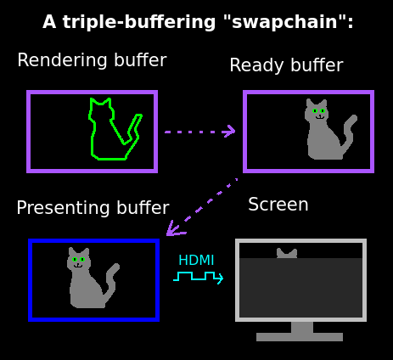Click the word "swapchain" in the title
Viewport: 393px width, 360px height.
(284, 22)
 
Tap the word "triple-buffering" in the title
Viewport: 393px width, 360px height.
(139, 22)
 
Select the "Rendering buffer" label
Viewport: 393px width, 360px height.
(92, 60)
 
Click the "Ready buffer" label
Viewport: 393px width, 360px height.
(286, 65)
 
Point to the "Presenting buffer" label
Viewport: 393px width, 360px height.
(93, 208)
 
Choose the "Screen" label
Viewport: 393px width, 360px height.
(278, 205)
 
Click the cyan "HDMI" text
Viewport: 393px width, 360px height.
(196, 260)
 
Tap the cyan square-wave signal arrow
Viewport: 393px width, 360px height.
(199, 277)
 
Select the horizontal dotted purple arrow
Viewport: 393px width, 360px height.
(199, 132)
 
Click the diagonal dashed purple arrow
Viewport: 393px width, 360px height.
(202, 207)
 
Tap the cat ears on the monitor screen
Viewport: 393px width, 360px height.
(287, 253)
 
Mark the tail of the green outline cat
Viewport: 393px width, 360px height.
(133, 130)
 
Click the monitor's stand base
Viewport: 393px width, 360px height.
(300, 337)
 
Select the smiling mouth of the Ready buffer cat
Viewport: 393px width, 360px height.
(320, 117)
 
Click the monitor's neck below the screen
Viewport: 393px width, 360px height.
(302, 327)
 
